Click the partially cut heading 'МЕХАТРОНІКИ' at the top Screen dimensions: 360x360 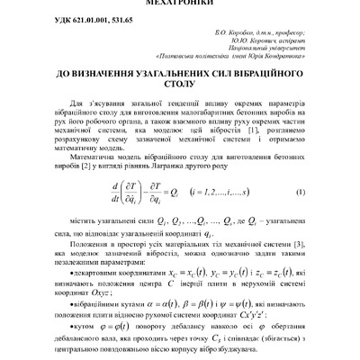[x=180, y=3]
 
